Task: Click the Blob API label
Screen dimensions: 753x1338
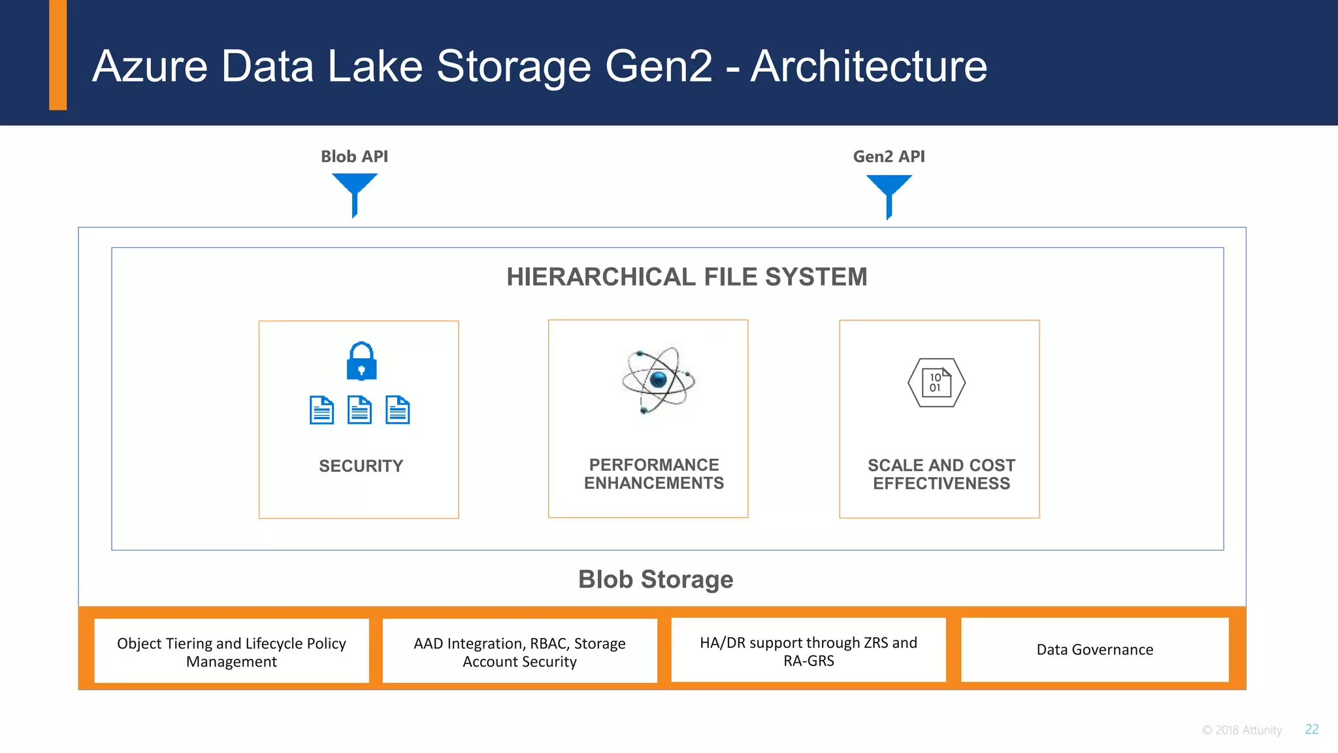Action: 354,157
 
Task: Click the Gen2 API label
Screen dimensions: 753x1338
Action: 889,157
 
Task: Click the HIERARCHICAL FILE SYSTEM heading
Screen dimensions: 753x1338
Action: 687,277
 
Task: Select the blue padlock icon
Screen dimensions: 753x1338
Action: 361,361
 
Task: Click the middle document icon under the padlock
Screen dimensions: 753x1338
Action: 359,410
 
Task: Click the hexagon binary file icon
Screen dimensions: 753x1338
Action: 936,382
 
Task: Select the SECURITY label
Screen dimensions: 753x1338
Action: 361,466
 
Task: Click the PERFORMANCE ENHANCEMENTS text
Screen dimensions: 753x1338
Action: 653,474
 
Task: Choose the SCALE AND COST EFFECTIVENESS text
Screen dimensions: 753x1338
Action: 941,475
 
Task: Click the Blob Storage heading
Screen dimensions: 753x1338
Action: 655,580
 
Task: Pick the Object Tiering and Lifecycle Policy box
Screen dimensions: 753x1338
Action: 231,652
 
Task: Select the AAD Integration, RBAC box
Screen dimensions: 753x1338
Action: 519,652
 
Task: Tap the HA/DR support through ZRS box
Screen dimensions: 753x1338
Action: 808,651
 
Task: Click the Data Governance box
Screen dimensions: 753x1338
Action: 1094,650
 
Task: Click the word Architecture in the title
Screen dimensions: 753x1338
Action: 868,67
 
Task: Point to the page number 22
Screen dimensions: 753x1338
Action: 1312,729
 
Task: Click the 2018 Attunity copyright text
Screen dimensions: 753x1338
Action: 1242,730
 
